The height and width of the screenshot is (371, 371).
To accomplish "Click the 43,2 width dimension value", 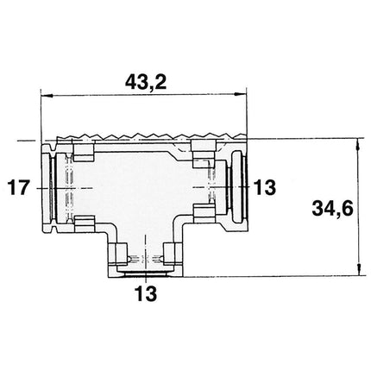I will point(144,84).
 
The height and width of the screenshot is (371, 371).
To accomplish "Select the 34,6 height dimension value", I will point(329,208).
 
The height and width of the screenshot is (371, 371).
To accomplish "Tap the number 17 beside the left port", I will point(18,186).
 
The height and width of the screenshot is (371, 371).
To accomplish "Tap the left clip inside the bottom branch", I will point(120,255).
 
